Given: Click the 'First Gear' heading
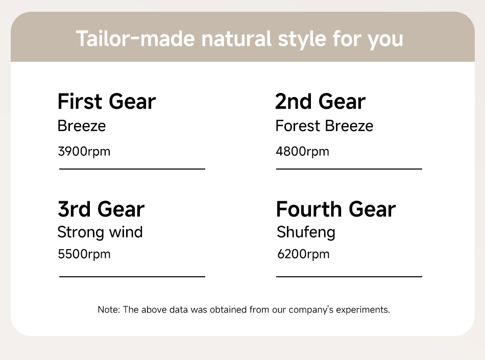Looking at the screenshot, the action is click(107, 102).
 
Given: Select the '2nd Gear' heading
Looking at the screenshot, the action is click(321, 102).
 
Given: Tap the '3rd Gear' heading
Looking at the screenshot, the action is click(101, 209).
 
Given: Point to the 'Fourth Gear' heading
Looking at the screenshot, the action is click(336, 209).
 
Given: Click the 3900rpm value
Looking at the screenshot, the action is click(84, 152).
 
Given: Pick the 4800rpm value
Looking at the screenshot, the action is click(303, 152).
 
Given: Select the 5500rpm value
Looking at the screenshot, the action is click(84, 254).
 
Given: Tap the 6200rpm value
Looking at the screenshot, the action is click(303, 254).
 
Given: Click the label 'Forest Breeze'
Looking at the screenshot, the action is click(325, 126).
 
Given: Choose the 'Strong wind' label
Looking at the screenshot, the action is click(100, 232).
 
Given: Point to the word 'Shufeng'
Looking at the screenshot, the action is click(306, 232).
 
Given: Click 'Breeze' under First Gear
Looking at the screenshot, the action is click(82, 126).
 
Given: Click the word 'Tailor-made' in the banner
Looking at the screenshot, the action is click(135, 39).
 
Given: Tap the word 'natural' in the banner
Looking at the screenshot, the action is click(236, 39).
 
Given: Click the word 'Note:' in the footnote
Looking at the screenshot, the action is click(109, 309).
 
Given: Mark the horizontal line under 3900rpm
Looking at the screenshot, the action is click(132, 169).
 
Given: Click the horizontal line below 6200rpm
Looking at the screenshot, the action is click(349, 276).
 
